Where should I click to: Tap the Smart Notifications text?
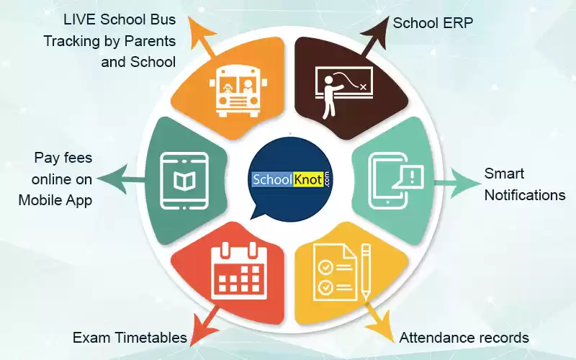(523, 184)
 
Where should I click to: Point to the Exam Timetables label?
(130, 337)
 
